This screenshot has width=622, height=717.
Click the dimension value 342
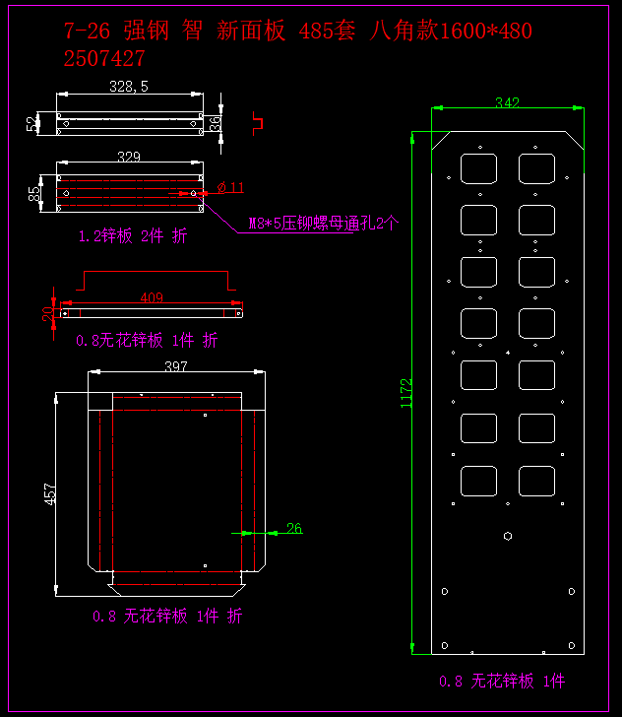point(508,101)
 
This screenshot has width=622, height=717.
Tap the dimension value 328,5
point(129,87)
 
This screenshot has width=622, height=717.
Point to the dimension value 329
point(129,157)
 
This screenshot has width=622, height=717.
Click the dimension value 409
point(152,297)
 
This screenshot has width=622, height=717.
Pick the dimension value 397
point(176,366)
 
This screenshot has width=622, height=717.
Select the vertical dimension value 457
point(50,493)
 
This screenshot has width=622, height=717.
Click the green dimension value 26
point(294,529)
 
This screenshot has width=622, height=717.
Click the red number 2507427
point(103,59)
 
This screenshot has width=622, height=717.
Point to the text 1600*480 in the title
point(485,32)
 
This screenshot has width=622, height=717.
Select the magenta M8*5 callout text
point(323,224)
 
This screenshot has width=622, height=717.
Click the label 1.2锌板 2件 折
point(133,236)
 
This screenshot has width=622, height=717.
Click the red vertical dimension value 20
point(47,314)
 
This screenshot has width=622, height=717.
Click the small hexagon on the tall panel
point(507,537)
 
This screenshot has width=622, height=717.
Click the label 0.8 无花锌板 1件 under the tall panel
point(502,681)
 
